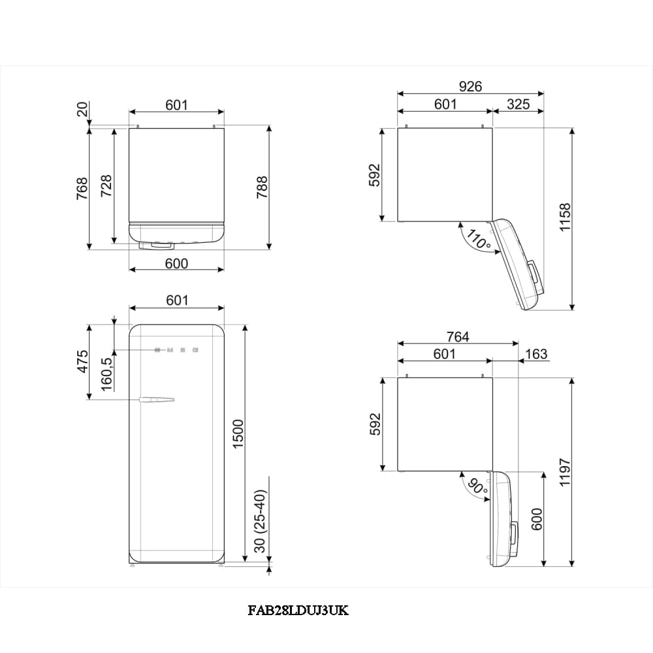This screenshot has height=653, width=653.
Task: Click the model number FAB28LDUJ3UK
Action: (x=298, y=611)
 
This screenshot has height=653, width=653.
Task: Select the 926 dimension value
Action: (x=470, y=86)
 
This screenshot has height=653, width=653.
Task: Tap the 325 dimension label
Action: (x=518, y=104)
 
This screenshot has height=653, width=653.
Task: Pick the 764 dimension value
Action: (x=457, y=337)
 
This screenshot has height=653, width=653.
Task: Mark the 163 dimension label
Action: (x=536, y=354)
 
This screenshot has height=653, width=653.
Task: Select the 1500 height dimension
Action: (x=238, y=433)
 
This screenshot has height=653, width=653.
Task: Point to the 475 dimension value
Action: (x=83, y=361)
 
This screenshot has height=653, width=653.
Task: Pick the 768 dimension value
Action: (x=82, y=188)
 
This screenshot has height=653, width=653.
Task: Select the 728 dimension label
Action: (x=106, y=185)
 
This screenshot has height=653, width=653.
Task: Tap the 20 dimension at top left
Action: (x=82, y=110)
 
